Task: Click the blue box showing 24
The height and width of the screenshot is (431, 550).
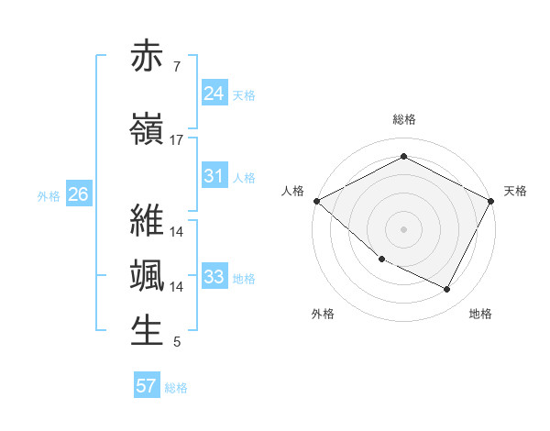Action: point(214,93)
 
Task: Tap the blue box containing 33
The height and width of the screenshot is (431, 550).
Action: point(214,276)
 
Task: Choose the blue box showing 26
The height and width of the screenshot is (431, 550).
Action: point(79,194)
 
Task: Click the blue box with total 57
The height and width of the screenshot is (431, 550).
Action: point(147,386)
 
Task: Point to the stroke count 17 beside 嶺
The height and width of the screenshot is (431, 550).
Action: point(177,140)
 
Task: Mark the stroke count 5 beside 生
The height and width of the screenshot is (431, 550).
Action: point(176,343)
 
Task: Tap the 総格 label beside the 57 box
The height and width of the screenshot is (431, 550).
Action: point(176,388)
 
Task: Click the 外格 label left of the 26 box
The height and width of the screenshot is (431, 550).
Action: point(49,195)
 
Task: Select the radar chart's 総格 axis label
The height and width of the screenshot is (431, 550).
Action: point(404,119)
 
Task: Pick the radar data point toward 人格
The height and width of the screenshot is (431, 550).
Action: point(316,201)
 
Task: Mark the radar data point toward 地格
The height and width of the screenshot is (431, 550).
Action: point(447,290)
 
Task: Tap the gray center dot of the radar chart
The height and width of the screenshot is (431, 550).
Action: point(404,229)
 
